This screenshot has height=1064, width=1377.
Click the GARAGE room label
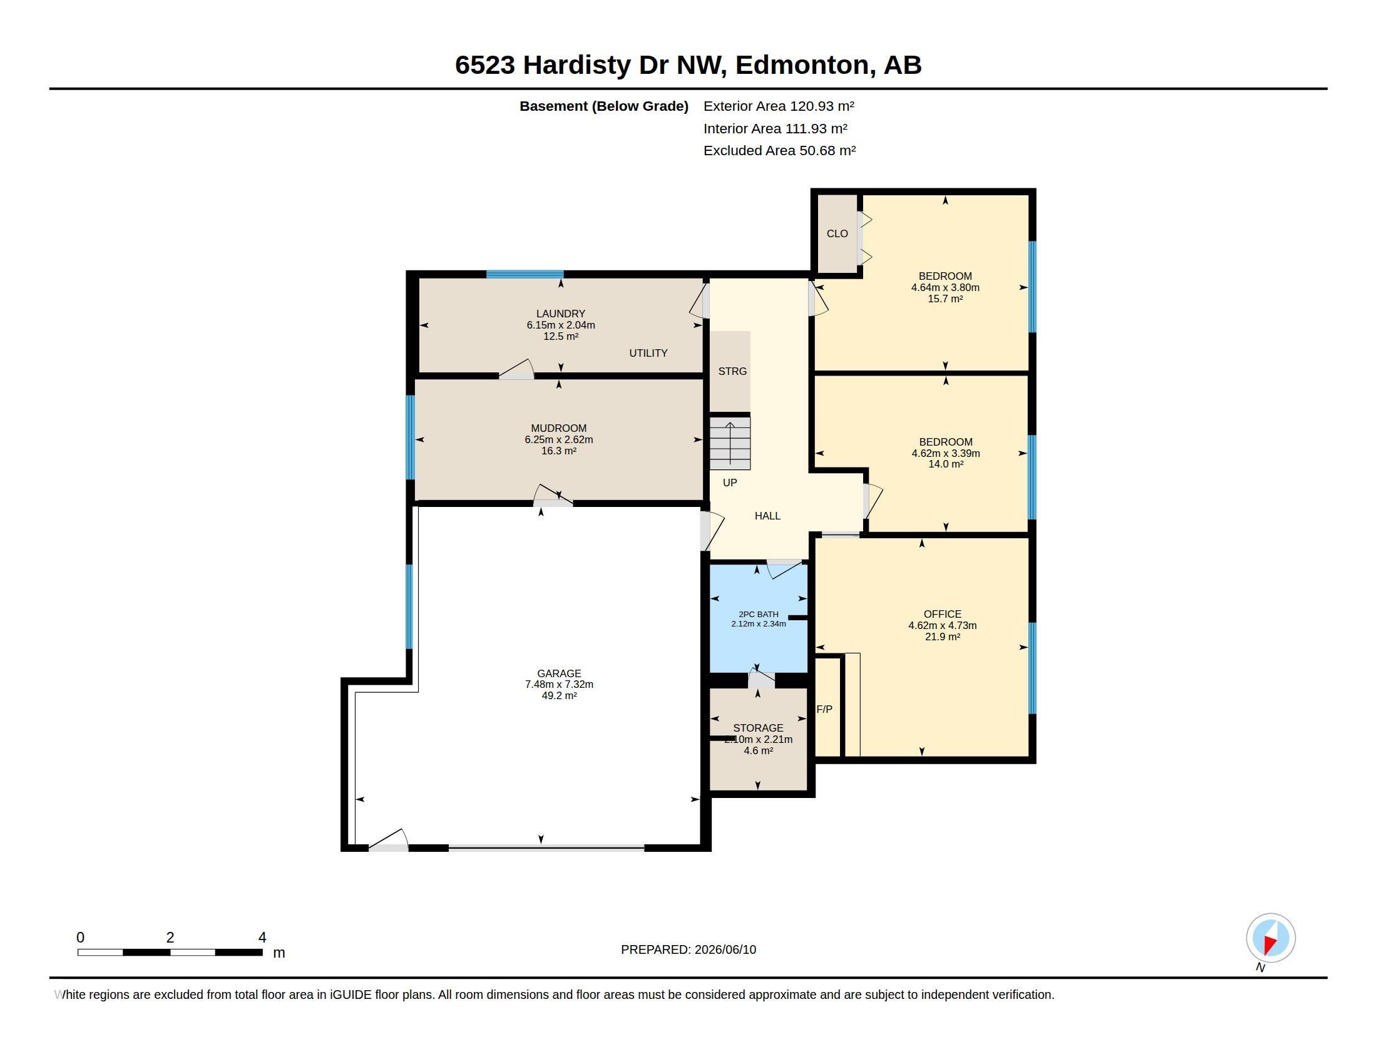point(558,673)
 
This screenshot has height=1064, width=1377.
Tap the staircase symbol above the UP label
point(730,443)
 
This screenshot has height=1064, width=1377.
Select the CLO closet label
point(837,233)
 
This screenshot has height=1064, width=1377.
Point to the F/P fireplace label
point(825,709)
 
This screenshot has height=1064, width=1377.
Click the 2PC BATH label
point(759,614)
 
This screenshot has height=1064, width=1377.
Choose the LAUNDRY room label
point(561,314)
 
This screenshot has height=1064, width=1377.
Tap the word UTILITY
point(648,353)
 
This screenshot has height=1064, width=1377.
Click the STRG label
point(733,371)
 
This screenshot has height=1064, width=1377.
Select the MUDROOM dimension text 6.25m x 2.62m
point(558,439)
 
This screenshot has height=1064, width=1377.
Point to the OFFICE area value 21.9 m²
point(943,637)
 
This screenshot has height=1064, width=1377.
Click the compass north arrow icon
point(1271,938)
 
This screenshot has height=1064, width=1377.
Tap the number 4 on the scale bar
point(262,938)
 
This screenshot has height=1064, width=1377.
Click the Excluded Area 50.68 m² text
point(779,151)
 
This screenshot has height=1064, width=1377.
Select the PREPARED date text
point(688,949)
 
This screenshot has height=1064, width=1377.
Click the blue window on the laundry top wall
point(525,274)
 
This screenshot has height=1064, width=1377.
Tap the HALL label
point(767,516)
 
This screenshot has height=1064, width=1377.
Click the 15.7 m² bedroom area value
point(945,299)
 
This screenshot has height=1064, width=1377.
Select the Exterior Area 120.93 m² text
point(779,106)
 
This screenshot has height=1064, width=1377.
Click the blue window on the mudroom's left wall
point(411,437)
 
